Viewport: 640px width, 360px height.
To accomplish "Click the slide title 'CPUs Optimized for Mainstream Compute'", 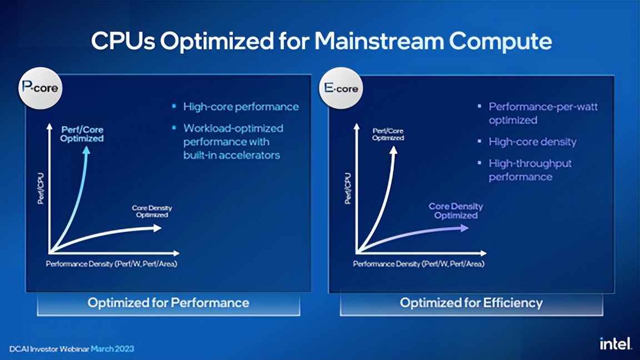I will (321, 42).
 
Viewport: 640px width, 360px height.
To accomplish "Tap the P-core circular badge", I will (40, 88).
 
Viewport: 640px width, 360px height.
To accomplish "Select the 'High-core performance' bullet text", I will (241, 107).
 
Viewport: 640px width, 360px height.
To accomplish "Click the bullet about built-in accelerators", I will (233, 142).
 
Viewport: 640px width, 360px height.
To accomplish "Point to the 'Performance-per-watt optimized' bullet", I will (543, 113).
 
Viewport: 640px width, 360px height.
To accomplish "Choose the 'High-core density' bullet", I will (532, 142).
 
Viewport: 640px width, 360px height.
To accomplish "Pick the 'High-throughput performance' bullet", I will (529, 170).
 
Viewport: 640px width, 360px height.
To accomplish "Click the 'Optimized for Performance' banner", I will (168, 303).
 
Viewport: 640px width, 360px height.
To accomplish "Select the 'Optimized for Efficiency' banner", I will (471, 303).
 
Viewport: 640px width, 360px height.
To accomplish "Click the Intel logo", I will (616, 344).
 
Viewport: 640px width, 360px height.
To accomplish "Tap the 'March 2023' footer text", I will (112, 349).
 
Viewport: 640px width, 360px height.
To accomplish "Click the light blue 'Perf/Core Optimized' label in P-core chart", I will (82, 134).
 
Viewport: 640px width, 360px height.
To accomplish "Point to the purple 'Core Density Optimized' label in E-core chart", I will (456, 211).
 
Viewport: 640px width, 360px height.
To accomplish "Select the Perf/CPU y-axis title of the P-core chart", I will (41, 189).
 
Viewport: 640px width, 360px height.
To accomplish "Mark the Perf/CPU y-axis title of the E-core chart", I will (348, 189).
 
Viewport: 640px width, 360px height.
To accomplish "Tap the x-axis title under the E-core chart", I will (418, 264).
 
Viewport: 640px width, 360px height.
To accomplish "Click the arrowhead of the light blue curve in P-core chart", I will (87, 151).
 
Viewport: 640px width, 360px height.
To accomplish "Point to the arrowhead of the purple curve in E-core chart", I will (464, 228).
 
